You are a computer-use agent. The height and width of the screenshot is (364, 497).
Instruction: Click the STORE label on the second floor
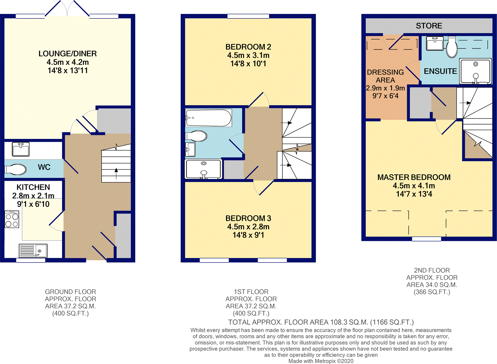(x=429, y=26)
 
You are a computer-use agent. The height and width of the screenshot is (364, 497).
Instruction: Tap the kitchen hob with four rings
(x=12, y=220)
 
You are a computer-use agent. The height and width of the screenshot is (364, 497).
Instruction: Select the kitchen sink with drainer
(x=33, y=251)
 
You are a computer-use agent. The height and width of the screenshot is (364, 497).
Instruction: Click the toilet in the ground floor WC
(x=16, y=169)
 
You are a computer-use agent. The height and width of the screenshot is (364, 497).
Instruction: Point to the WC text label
(x=44, y=167)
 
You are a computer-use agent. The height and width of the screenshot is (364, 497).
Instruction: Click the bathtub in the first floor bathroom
(x=208, y=118)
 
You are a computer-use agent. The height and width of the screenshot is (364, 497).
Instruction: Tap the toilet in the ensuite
(x=452, y=47)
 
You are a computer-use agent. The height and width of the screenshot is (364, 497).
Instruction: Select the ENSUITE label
(x=440, y=71)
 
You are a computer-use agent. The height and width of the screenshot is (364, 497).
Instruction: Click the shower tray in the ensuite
(x=475, y=71)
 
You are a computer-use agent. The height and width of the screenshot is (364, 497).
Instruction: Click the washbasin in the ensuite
(x=435, y=43)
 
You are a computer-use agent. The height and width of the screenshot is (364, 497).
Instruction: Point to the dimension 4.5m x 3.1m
(x=248, y=55)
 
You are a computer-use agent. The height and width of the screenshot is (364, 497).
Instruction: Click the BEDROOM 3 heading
(x=248, y=218)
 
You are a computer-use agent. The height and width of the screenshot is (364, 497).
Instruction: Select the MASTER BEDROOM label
(x=414, y=177)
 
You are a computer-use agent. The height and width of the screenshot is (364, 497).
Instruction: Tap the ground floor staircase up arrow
(x=116, y=173)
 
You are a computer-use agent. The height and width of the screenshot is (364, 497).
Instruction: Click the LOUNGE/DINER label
(x=68, y=54)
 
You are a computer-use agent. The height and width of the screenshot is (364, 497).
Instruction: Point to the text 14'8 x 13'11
(x=68, y=71)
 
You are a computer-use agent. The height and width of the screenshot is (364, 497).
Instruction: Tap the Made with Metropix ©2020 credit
(x=321, y=361)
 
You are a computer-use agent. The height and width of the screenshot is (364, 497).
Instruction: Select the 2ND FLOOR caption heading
(x=432, y=270)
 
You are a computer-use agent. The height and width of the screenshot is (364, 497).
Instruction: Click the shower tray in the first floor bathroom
(x=203, y=169)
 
